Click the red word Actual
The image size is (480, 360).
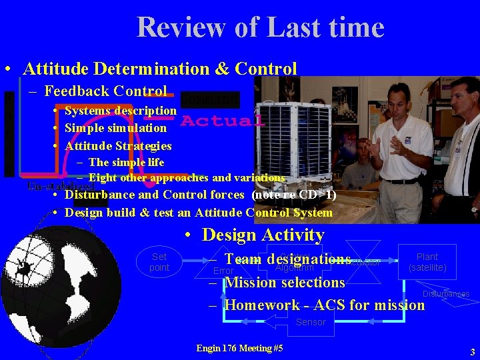click(x=222, y=121)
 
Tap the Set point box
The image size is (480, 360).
click(x=159, y=262)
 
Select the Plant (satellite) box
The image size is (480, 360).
click(x=427, y=262)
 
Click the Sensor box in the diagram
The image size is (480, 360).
click(x=311, y=323)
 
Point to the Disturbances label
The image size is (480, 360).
click(x=445, y=294)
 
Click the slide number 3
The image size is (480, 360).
click(x=472, y=351)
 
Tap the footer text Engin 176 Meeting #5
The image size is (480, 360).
click(x=240, y=348)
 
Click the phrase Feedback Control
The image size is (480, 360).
click(x=105, y=91)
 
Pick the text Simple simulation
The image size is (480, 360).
click(x=115, y=127)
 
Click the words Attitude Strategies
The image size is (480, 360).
click(x=118, y=145)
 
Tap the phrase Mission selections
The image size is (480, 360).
click(x=285, y=282)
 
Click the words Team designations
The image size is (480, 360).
click(x=287, y=259)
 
